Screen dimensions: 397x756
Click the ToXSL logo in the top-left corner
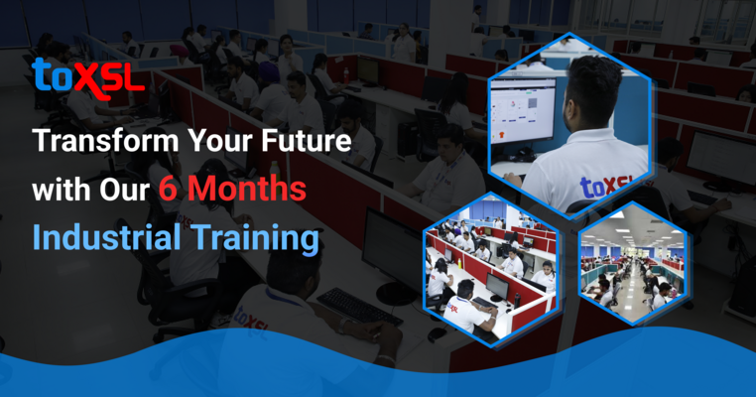click(87, 73)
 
